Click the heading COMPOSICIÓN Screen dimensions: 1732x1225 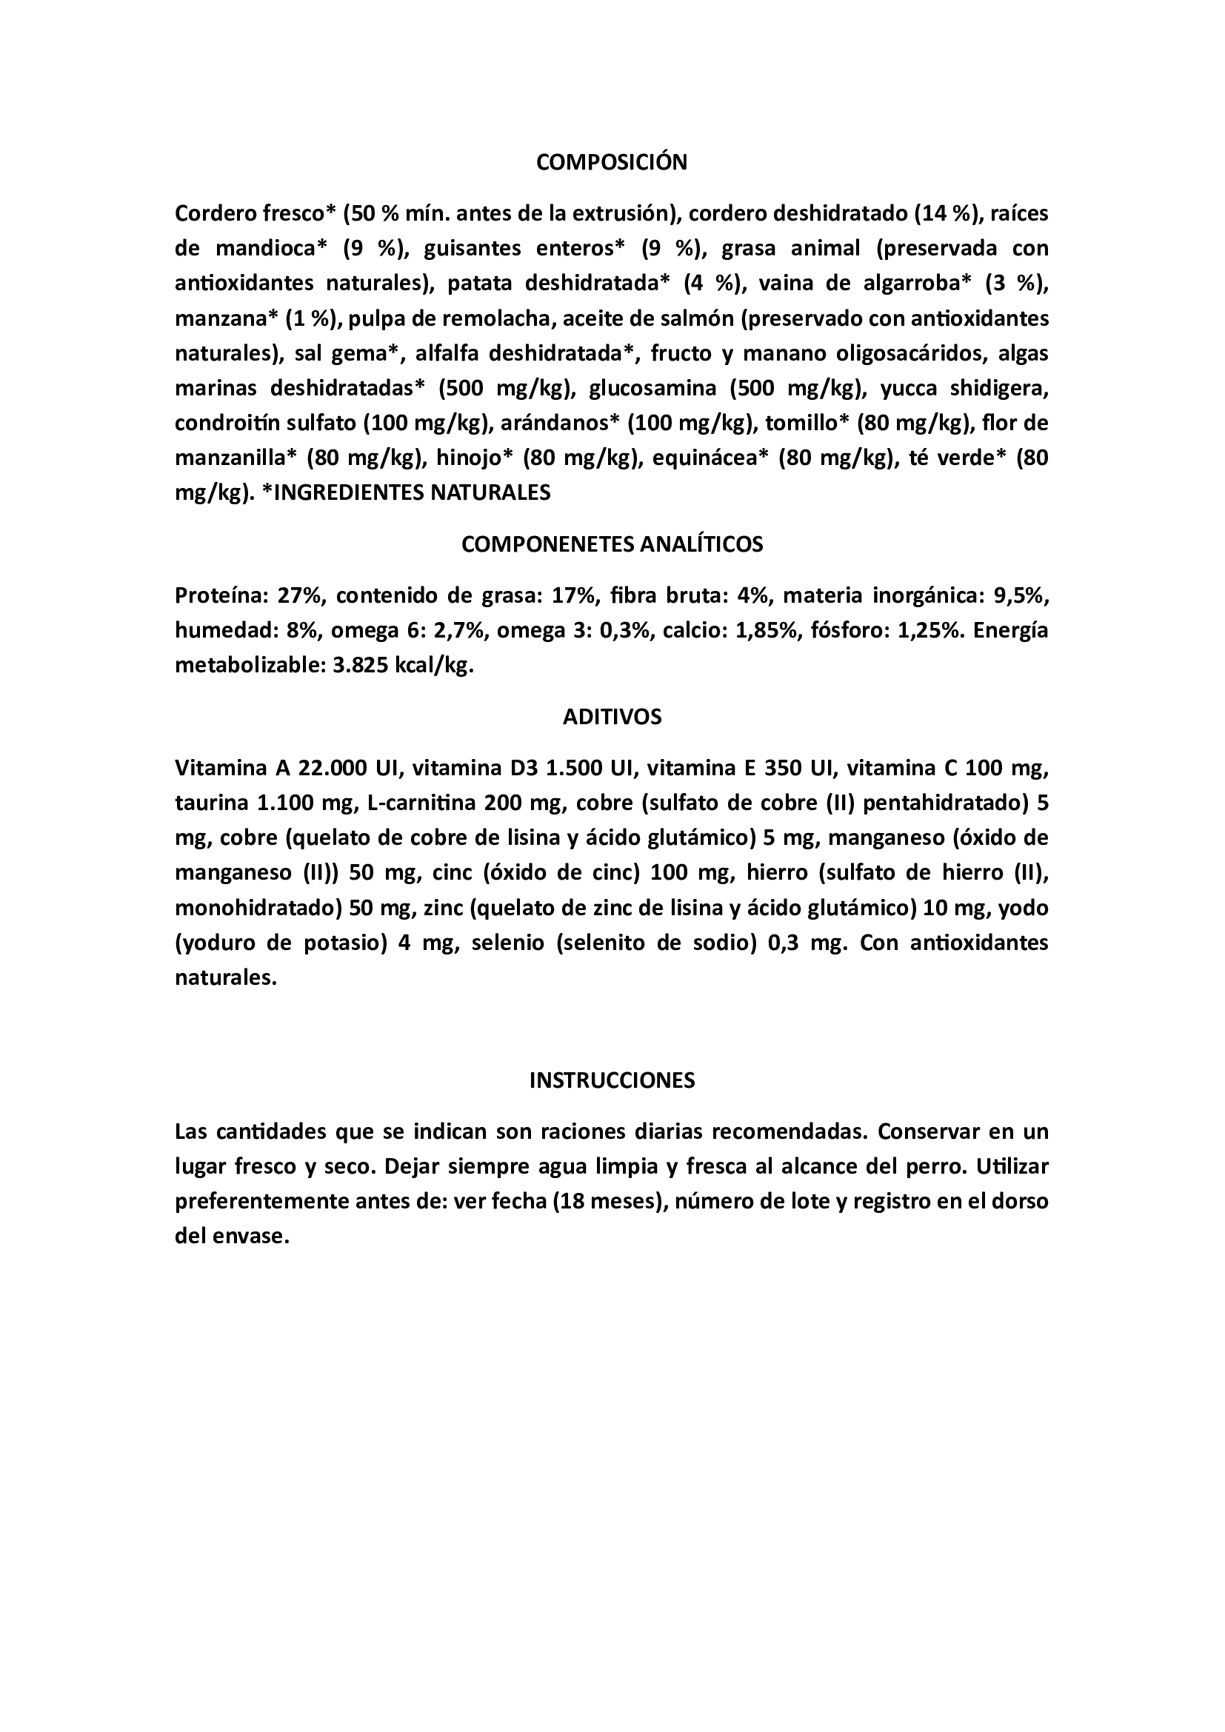pos(612,162)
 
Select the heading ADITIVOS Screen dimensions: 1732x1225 pos(612,717)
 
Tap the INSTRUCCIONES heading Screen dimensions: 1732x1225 pos(612,1080)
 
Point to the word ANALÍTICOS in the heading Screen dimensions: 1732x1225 pos(701,545)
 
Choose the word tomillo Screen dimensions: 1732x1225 pos(807,424)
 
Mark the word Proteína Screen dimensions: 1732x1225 pos(217,597)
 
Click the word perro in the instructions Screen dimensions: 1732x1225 pos(936,1167)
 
